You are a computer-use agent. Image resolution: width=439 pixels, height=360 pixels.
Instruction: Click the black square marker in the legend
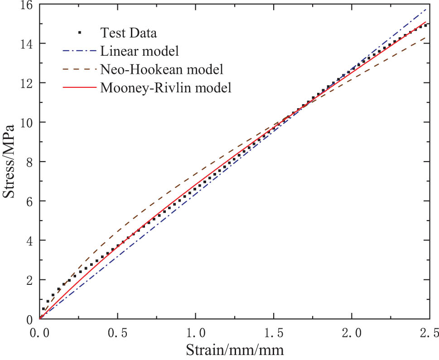(79, 32)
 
